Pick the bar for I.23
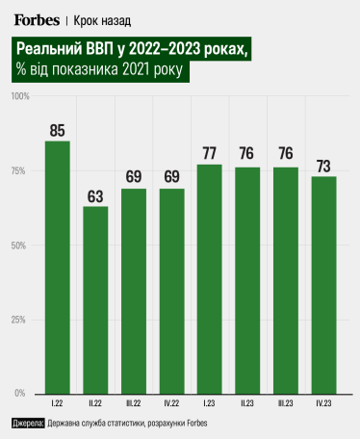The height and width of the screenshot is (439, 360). [x=209, y=278]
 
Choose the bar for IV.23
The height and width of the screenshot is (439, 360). [x=323, y=284]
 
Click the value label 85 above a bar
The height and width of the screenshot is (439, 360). [x=58, y=130]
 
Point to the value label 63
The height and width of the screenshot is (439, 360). [x=95, y=195]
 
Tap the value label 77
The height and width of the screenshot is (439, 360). [x=209, y=154]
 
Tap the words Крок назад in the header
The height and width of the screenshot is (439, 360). [x=103, y=20]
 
